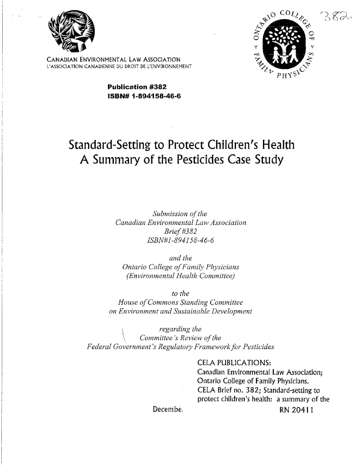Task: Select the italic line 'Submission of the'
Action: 180,215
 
